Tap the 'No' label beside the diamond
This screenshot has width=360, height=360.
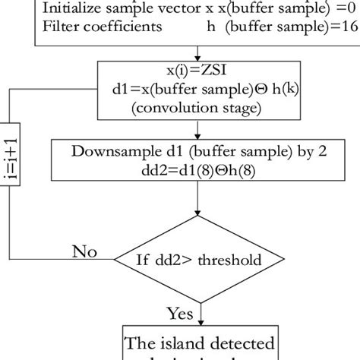85,251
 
